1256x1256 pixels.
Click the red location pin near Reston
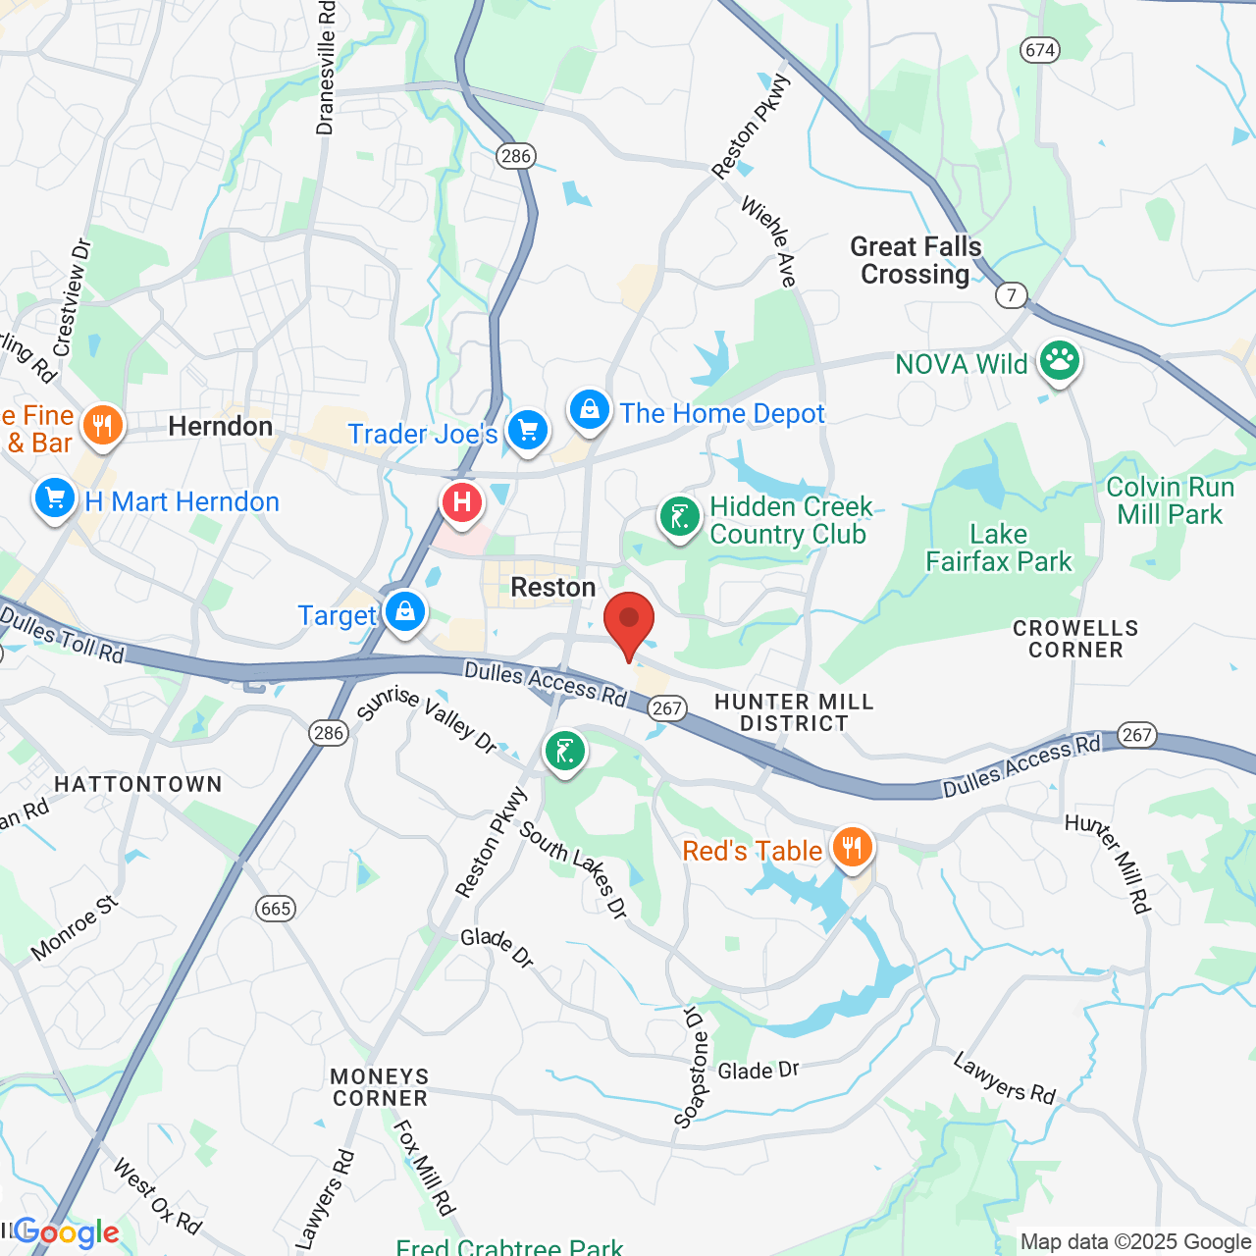point(628,622)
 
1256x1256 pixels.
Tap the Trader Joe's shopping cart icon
point(527,430)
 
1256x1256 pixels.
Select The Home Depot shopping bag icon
point(590,410)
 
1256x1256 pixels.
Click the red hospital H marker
point(462,503)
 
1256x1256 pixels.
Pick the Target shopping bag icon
point(404,612)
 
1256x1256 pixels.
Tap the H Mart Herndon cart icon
point(55,498)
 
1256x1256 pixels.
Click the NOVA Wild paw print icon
point(1060,360)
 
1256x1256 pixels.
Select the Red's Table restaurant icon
point(852,846)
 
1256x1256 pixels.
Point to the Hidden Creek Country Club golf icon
point(679,516)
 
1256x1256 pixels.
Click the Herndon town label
point(221,426)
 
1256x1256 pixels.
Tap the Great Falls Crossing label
point(916,260)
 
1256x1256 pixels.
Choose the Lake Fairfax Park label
point(999,548)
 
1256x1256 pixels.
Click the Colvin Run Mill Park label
point(1170,500)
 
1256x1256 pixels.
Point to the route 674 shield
point(1039,49)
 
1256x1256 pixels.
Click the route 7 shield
point(1011,294)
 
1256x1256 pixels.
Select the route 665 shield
point(276,908)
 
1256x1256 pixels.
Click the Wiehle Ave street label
point(768,241)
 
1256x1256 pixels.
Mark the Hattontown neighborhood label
point(138,784)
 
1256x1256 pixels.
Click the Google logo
point(67,1232)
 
